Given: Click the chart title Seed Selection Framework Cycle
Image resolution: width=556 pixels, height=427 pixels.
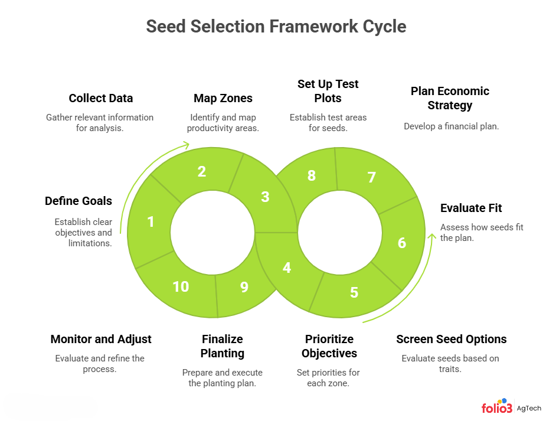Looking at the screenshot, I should click(x=276, y=27).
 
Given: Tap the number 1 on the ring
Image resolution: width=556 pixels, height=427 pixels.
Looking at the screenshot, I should click(x=151, y=221).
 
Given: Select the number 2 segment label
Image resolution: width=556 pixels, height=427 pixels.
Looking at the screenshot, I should click(x=202, y=171).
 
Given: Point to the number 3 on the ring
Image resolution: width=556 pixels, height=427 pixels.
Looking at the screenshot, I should click(x=265, y=197).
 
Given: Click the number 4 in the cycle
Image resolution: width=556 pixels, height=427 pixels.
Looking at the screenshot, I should click(x=287, y=267).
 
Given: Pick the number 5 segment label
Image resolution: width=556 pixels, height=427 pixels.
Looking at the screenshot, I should click(x=354, y=292).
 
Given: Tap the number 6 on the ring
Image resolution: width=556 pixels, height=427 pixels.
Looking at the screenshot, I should click(x=402, y=242).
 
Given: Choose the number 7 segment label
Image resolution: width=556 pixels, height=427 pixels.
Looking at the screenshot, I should click(x=372, y=177).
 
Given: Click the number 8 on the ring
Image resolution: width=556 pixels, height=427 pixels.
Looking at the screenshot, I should click(x=312, y=175).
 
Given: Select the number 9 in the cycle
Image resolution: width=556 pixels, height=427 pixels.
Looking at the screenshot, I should click(x=244, y=286).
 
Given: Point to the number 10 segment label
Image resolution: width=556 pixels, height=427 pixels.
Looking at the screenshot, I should click(x=181, y=286).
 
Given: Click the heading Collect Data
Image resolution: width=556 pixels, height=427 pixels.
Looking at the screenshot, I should click(x=101, y=98).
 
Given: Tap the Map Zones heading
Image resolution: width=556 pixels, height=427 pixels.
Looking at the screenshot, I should click(x=223, y=98).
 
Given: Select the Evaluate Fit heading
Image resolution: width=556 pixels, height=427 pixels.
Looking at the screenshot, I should click(x=471, y=208).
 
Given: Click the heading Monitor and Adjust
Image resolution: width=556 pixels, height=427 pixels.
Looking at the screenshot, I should click(x=101, y=339).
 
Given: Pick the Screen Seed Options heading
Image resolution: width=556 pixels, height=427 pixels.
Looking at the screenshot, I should click(x=452, y=339).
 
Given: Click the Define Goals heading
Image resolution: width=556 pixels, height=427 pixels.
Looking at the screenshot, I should click(x=79, y=201).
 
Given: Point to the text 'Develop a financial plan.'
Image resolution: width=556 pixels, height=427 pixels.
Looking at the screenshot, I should click(x=452, y=126).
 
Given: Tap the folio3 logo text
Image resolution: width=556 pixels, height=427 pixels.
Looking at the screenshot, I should click(x=497, y=408).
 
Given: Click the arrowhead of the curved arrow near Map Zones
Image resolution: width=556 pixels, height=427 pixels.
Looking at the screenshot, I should click(x=187, y=144).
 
